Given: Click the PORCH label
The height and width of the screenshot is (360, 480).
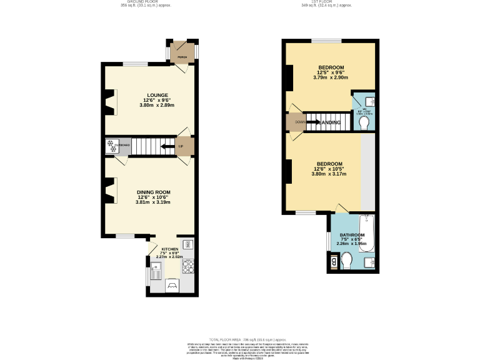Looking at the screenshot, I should pos(182,57).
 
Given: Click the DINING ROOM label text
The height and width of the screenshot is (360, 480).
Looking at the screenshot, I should pos(154,192).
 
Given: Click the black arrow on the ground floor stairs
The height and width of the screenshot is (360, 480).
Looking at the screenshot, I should pos(167,147).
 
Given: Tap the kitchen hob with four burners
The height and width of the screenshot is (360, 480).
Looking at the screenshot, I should pos(188,267).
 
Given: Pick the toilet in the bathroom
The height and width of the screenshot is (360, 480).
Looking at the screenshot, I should pos(347,259).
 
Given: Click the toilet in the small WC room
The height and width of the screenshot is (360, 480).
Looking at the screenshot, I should pos(364,121).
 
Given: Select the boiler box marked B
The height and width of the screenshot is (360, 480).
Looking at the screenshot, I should pos(333,262).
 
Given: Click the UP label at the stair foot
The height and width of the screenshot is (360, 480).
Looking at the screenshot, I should pos(181,147).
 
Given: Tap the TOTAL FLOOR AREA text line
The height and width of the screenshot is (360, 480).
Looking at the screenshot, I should pos(239,339).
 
